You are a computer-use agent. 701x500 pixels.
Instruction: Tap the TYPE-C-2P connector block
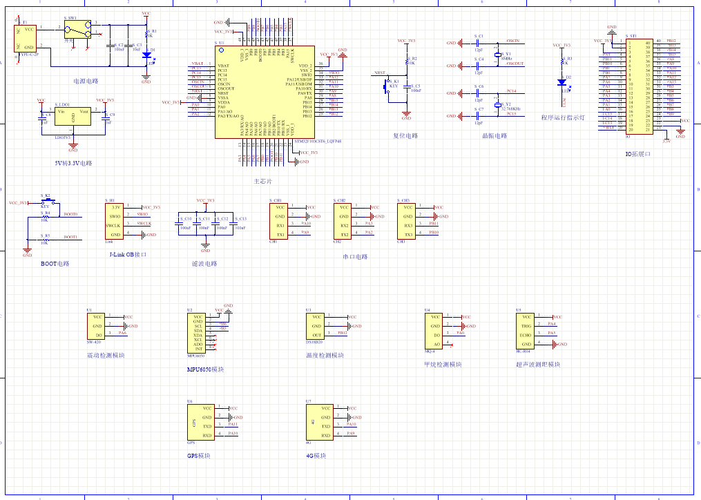tap(26, 38)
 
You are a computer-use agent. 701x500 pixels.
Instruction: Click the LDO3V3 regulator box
tap(73, 117)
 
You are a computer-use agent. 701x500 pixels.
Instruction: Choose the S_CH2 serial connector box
tap(345, 220)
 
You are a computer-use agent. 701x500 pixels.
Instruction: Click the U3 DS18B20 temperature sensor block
tap(315, 326)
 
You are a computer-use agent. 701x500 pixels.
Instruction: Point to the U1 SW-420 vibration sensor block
tap(95, 326)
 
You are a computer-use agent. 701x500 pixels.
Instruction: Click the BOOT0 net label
tap(70, 215)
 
